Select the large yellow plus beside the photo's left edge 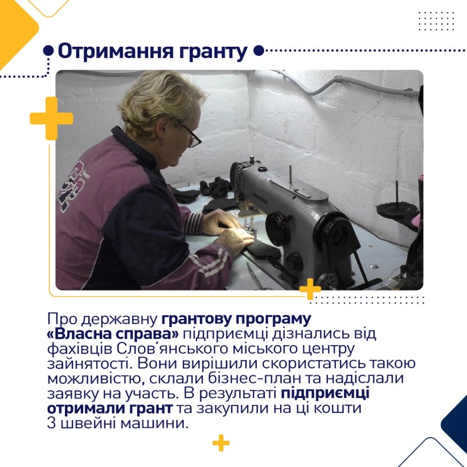[x=51, y=118]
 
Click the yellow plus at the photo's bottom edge [x=310, y=289]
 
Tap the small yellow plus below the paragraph [x=221, y=443]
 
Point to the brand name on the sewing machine [x=260, y=198]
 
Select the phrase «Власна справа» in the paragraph [x=113, y=334]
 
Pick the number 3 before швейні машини [x=51, y=423]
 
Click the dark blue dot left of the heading [x=48, y=51]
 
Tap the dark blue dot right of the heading [x=259, y=51]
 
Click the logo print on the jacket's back [x=72, y=186]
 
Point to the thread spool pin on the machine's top [x=290, y=176]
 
